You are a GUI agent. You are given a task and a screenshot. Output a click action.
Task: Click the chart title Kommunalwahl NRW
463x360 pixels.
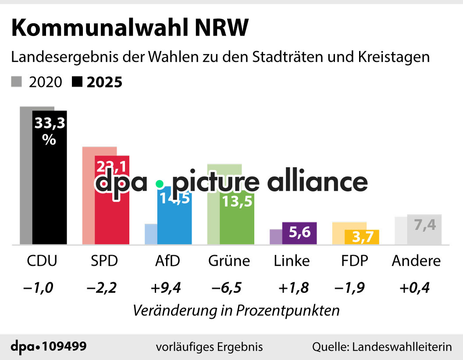(130, 29)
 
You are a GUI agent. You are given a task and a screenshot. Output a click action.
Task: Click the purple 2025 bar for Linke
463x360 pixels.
(299, 233)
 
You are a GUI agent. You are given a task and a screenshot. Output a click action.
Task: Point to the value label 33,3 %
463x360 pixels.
(50, 131)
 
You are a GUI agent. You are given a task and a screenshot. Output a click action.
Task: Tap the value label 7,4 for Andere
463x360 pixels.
(424, 225)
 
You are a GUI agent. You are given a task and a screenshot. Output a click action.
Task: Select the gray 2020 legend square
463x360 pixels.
(17, 82)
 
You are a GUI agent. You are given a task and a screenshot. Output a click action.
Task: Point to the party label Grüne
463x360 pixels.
(228, 261)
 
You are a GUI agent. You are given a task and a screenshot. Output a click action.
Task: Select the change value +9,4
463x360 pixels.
(166, 288)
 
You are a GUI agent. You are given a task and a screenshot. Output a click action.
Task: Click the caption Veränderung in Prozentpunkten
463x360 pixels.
(236, 310)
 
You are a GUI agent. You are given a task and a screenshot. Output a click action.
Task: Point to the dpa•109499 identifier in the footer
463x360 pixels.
(49, 346)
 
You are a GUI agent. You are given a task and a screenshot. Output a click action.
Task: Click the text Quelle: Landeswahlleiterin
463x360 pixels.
(381, 347)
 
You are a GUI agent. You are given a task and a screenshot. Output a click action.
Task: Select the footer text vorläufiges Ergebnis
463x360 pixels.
(209, 347)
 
